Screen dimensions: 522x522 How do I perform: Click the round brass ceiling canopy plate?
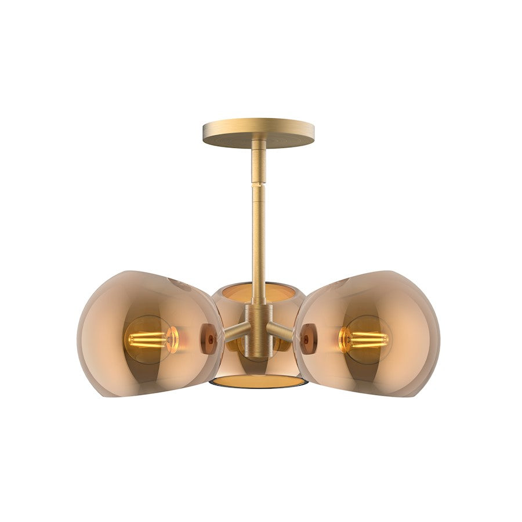click(259, 132)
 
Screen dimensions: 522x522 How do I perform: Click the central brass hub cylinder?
click(258, 328)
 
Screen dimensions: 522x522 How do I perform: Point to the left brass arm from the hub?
click(236, 332)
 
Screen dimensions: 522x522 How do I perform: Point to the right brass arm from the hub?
click(280, 332)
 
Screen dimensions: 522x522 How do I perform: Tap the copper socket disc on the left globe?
click(208, 339)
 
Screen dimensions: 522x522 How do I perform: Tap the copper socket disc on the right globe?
click(308, 339)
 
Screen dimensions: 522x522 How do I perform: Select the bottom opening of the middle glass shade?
click(258, 381)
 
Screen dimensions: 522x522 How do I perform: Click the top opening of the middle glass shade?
click(258, 289)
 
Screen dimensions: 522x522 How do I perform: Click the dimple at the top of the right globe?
click(336, 284)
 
